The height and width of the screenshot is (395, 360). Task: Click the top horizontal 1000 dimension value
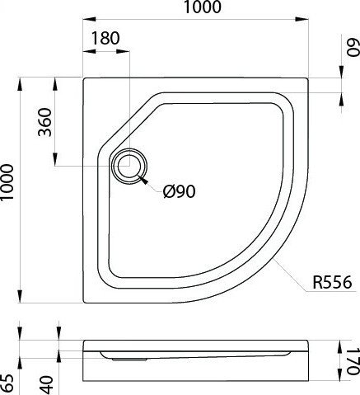tap(203, 7)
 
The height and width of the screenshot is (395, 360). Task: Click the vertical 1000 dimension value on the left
tap(7, 183)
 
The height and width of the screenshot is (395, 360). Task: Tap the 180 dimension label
tap(105, 39)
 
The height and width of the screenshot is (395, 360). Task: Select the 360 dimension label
tap(45, 122)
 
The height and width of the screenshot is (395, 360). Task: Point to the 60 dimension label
tap(353, 47)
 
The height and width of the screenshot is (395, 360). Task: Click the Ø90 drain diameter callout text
tap(179, 191)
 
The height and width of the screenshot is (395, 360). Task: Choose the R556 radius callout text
tap(332, 282)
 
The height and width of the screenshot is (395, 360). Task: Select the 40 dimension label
tap(46, 384)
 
